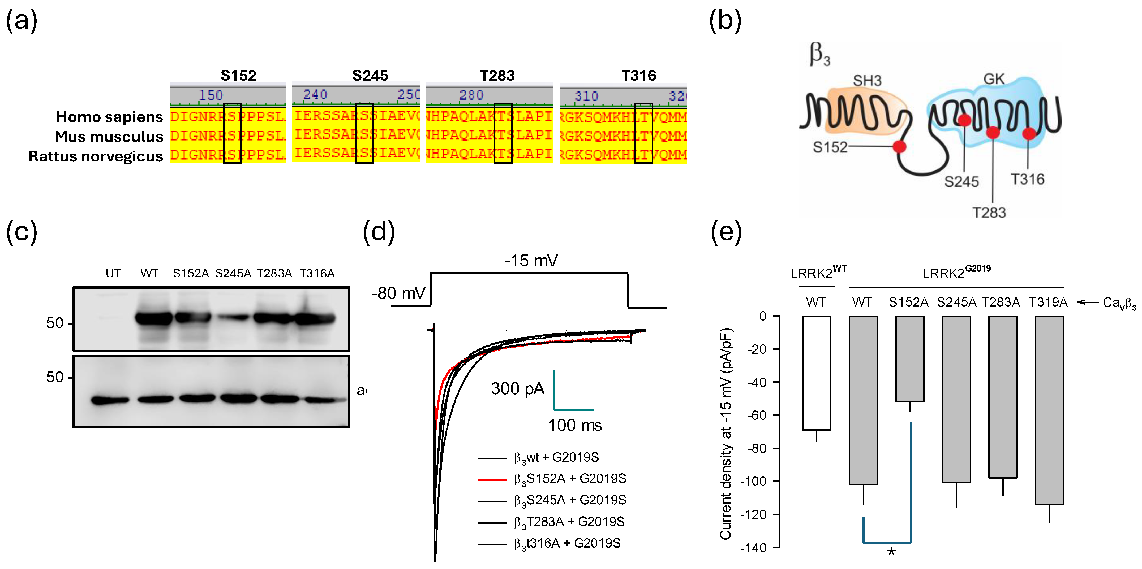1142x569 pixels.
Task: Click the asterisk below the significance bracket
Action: click(891, 552)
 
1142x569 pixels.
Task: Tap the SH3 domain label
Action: click(867, 81)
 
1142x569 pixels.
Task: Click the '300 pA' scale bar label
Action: click(517, 388)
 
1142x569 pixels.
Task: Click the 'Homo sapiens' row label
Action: click(109, 117)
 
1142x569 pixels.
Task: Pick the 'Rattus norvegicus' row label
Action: click(96, 156)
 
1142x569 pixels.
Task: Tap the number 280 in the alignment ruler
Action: click(471, 95)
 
